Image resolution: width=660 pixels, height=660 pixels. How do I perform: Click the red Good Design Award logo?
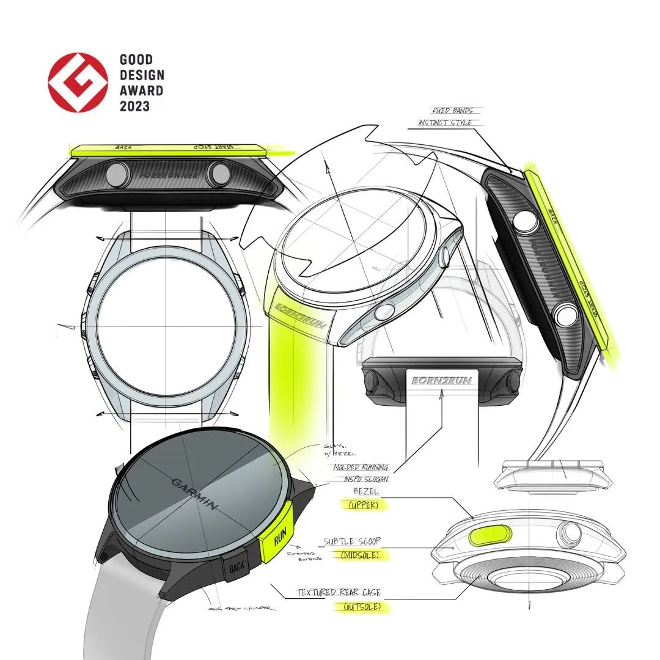(x=77, y=83)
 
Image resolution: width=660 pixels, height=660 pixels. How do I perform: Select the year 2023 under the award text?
(x=134, y=106)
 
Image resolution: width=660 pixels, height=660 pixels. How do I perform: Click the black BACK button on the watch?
(x=236, y=568)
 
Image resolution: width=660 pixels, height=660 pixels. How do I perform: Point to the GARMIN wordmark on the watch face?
(x=193, y=494)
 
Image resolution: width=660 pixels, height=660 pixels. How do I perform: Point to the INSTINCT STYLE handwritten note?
(x=446, y=123)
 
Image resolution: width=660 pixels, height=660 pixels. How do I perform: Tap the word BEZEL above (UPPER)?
(x=367, y=491)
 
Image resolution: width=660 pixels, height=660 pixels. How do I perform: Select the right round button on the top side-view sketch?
(x=219, y=174)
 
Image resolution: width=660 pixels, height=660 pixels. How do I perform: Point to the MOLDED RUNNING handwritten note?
(x=361, y=467)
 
